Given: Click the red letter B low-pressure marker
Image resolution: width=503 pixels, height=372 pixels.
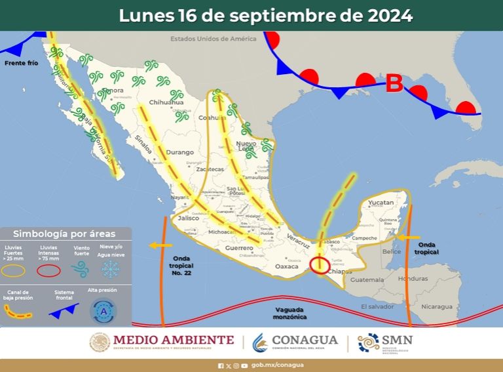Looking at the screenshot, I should pyautogui.click(x=394, y=84).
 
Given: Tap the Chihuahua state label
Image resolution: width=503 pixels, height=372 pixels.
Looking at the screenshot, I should pyautogui.click(x=166, y=102).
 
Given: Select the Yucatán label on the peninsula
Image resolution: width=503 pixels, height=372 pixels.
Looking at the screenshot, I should pyautogui.click(x=380, y=203).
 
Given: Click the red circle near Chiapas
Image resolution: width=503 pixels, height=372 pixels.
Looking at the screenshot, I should pyautogui.click(x=320, y=264).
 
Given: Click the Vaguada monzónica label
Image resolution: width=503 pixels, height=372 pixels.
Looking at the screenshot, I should pyautogui.click(x=289, y=312).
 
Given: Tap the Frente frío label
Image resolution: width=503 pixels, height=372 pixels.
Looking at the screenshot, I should pyautogui.click(x=21, y=63).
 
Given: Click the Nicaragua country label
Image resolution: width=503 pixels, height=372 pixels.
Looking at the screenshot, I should pyautogui.click(x=436, y=306).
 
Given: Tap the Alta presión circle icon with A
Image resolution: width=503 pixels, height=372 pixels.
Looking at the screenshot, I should pyautogui.click(x=103, y=311).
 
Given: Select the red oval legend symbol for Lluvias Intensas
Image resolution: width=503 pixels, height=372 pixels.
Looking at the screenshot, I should pyautogui.click(x=48, y=270).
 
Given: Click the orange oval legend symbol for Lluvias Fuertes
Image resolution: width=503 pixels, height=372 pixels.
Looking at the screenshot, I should pyautogui.click(x=16, y=270).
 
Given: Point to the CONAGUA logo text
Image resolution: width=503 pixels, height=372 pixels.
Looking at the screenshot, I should pyautogui.click(x=305, y=340).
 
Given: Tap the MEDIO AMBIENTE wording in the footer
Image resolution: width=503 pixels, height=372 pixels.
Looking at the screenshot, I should pyautogui.click(x=173, y=340).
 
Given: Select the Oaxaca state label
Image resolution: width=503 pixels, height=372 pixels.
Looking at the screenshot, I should pyautogui.click(x=286, y=266).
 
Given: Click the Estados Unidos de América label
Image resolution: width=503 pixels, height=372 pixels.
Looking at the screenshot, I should pyautogui.click(x=213, y=39).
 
